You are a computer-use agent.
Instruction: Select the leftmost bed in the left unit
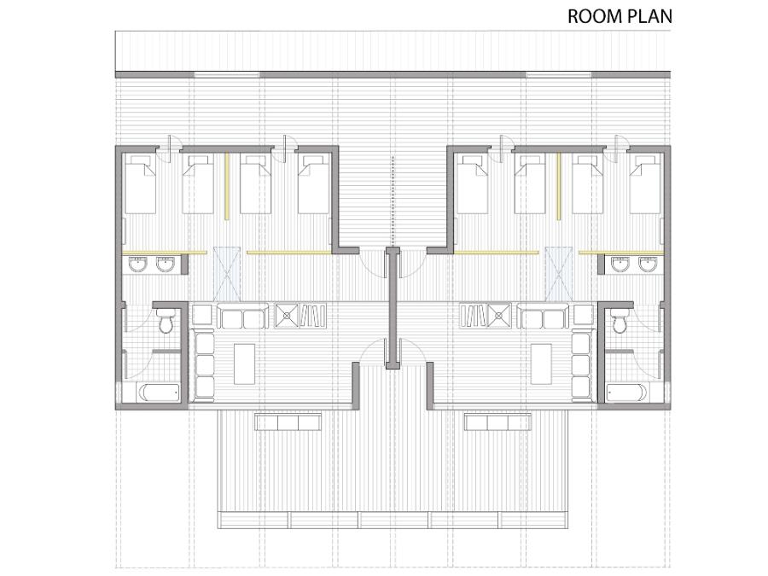[x=141, y=184]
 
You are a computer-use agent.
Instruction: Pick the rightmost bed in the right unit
[x=645, y=184]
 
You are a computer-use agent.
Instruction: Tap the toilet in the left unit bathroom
[x=165, y=321]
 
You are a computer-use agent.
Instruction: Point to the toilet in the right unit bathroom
[x=620, y=321]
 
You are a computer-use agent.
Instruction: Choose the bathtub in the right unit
[x=627, y=392]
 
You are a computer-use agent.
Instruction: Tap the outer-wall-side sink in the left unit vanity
[x=137, y=265]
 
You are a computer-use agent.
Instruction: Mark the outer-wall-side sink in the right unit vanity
[x=649, y=265]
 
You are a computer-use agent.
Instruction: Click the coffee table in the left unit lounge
[x=244, y=364]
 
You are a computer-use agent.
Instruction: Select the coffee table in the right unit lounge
[x=542, y=364]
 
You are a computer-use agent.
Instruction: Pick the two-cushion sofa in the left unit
[x=242, y=316]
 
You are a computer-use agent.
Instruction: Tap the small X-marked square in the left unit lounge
[x=287, y=316]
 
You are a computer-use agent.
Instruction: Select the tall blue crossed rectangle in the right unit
[x=558, y=274]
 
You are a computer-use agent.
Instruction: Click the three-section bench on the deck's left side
[x=288, y=422]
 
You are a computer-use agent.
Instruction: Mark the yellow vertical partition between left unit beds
[x=227, y=187]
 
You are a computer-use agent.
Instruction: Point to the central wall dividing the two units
[x=392, y=308]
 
